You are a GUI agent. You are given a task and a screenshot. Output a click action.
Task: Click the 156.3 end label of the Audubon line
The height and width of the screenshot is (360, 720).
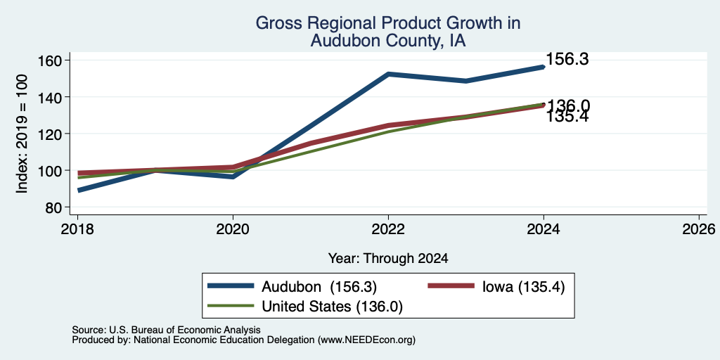(x=567, y=59)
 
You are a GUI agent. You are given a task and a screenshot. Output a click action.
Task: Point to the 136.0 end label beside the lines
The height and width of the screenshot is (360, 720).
(x=568, y=106)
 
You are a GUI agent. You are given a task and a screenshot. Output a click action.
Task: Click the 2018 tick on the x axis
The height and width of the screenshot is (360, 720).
(x=77, y=229)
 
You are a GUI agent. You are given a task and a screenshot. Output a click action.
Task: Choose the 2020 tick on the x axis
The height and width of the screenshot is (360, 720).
(x=233, y=229)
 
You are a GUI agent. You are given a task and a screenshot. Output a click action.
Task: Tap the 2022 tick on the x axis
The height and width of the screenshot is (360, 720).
(x=388, y=229)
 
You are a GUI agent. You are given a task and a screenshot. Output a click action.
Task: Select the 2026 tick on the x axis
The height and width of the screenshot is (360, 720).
(x=699, y=229)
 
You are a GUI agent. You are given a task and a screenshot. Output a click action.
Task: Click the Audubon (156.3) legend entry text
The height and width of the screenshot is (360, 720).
(x=319, y=287)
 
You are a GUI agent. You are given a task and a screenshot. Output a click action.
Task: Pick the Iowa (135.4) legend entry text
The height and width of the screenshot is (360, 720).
(x=523, y=287)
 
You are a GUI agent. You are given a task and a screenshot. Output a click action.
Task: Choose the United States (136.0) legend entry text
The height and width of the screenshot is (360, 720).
(x=332, y=307)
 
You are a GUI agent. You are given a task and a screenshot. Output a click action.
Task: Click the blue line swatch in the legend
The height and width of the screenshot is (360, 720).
(x=231, y=285)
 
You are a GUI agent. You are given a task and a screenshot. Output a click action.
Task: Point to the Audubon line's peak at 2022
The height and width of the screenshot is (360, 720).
(x=388, y=74)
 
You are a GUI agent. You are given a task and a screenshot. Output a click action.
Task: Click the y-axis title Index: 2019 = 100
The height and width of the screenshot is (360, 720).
(x=22, y=134)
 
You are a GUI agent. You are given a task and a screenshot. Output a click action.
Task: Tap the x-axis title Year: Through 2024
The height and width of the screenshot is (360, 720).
(x=388, y=259)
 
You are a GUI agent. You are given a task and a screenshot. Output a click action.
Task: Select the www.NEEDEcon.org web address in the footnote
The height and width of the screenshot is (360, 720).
(x=366, y=340)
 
